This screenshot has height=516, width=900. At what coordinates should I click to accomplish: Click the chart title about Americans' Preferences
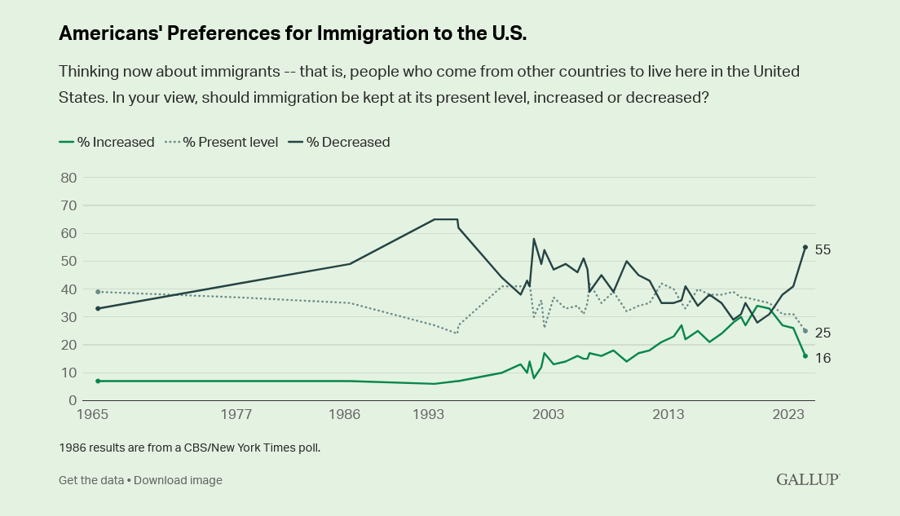coord(293,33)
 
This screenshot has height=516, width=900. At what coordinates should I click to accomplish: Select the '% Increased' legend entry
coord(107,142)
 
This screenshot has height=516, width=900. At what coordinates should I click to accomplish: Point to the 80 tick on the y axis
coord(68,178)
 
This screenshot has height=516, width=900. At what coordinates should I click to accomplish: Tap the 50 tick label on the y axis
coord(68,262)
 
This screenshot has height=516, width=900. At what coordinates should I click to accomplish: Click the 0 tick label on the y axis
coord(72,401)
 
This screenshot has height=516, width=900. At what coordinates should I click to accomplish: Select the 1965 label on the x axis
coord(93,415)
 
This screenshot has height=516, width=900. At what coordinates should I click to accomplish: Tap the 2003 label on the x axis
coord(549,415)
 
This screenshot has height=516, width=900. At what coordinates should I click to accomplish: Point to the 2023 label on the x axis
coord(789,415)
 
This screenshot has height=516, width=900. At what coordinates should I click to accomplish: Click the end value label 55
coord(823,249)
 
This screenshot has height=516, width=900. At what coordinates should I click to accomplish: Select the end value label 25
coord(823,333)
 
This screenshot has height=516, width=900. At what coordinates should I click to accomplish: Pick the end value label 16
coord(823,358)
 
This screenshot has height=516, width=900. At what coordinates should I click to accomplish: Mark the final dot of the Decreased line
coord(805,247)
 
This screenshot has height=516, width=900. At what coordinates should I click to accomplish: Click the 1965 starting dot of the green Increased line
coord(98,381)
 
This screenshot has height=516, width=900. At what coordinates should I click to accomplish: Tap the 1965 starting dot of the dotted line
coord(98,292)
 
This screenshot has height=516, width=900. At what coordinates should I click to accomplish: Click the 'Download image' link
coord(178,480)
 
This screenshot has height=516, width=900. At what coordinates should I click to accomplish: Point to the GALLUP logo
coord(807,479)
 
